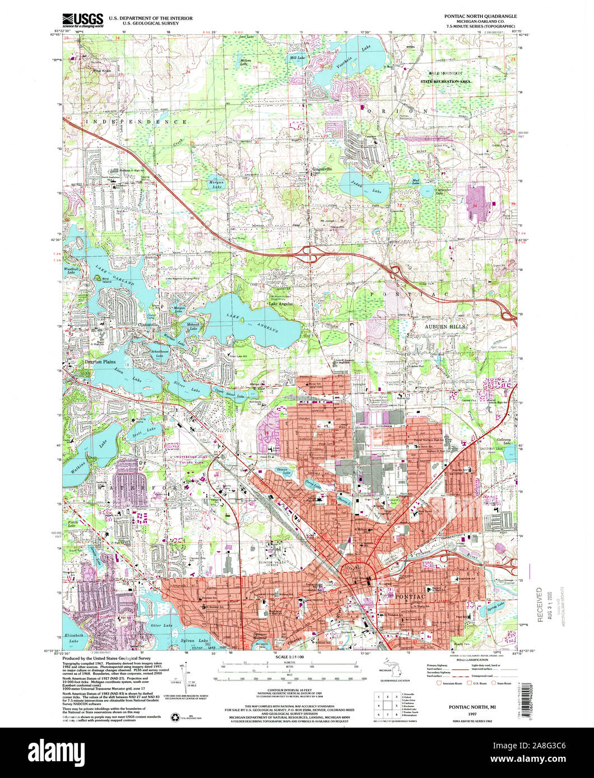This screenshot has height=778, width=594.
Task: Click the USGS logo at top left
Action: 82,20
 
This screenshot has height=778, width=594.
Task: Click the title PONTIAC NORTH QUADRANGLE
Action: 482,17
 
